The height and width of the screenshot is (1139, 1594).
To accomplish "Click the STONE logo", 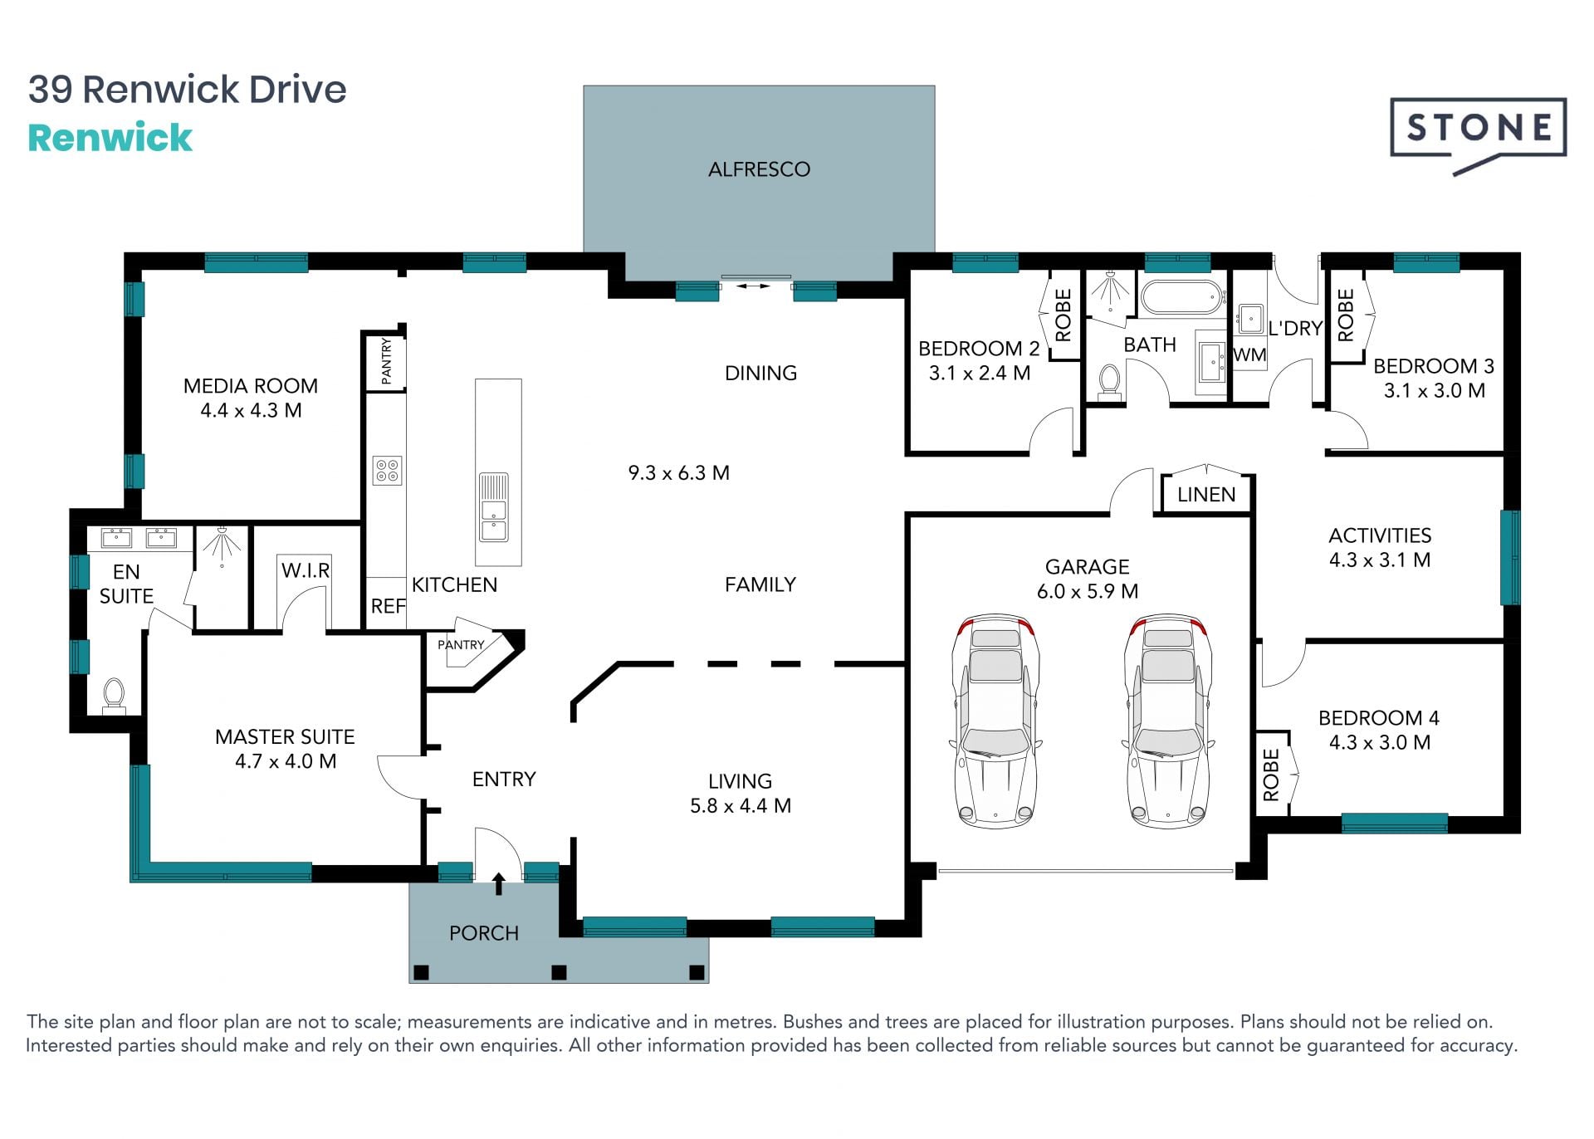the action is point(1479,133).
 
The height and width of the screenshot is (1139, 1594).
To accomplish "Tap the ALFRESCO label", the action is point(759,169).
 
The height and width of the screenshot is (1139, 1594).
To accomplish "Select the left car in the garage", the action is point(995,721).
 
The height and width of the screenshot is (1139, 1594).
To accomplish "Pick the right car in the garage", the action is point(1168,721).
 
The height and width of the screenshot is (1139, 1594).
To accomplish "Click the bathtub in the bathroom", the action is point(1182,297).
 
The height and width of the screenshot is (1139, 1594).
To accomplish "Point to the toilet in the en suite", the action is point(114,696).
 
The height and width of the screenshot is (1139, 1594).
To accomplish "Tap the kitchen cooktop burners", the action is point(388,471).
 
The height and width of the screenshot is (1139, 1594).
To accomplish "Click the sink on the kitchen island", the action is point(494,508).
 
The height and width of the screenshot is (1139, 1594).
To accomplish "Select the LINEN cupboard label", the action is point(1206,495).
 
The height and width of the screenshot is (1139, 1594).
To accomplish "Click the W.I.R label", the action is point(306,570).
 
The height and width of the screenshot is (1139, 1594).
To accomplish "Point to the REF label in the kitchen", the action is point(388,607).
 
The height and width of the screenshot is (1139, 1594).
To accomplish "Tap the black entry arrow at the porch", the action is point(499,883).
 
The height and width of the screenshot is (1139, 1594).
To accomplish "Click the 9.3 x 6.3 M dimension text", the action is point(678,473).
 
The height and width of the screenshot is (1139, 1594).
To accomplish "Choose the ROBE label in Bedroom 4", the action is point(1271,775).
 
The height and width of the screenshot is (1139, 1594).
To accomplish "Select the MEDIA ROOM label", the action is point(251,386).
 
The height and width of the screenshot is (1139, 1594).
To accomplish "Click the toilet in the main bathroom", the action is point(1109,382).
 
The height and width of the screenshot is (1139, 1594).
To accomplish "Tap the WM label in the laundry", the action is point(1249,355).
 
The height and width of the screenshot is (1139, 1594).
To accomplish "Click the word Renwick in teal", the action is point(110,138).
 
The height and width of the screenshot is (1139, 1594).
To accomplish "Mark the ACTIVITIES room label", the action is point(1380,535).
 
